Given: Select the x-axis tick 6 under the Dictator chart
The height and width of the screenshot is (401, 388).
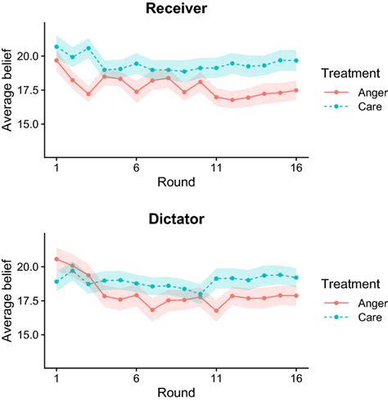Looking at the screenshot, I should [x=136, y=378].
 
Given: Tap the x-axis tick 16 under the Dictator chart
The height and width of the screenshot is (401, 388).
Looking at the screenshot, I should [x=296, y=378].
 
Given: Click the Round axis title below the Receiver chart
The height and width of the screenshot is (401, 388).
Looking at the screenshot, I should [x=176, y=182].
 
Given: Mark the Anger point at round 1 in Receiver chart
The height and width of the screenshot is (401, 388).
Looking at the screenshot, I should [x=56, y=60].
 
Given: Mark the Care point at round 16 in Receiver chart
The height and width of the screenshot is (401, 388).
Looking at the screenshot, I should [x=296, y=61].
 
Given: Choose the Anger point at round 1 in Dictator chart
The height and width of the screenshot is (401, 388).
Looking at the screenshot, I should [x=56, y=259].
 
